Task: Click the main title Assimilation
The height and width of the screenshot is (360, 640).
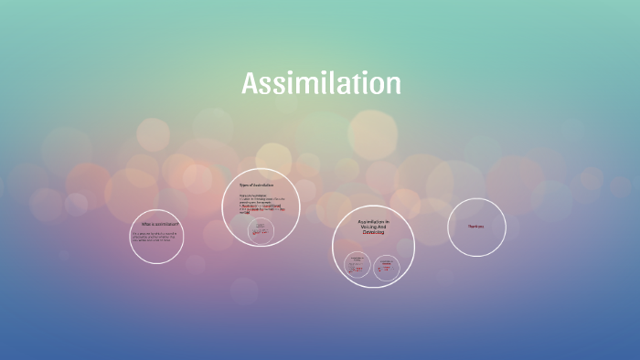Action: (321, 84)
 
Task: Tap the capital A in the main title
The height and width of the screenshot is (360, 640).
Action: (251, 84)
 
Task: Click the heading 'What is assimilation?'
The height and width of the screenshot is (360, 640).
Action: (159, 224)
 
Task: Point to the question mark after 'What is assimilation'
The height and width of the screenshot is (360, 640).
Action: (178, 224)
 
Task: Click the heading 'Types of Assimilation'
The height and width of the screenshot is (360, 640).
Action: (256, 185)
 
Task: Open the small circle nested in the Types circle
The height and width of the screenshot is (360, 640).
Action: (261, 232)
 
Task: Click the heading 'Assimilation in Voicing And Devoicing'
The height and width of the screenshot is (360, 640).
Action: (373, 228)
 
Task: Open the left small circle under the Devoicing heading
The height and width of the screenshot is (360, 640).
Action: (357, 265)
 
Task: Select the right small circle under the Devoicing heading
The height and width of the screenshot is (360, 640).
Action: (387, 265)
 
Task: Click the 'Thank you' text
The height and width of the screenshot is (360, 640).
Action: (475, 227)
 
